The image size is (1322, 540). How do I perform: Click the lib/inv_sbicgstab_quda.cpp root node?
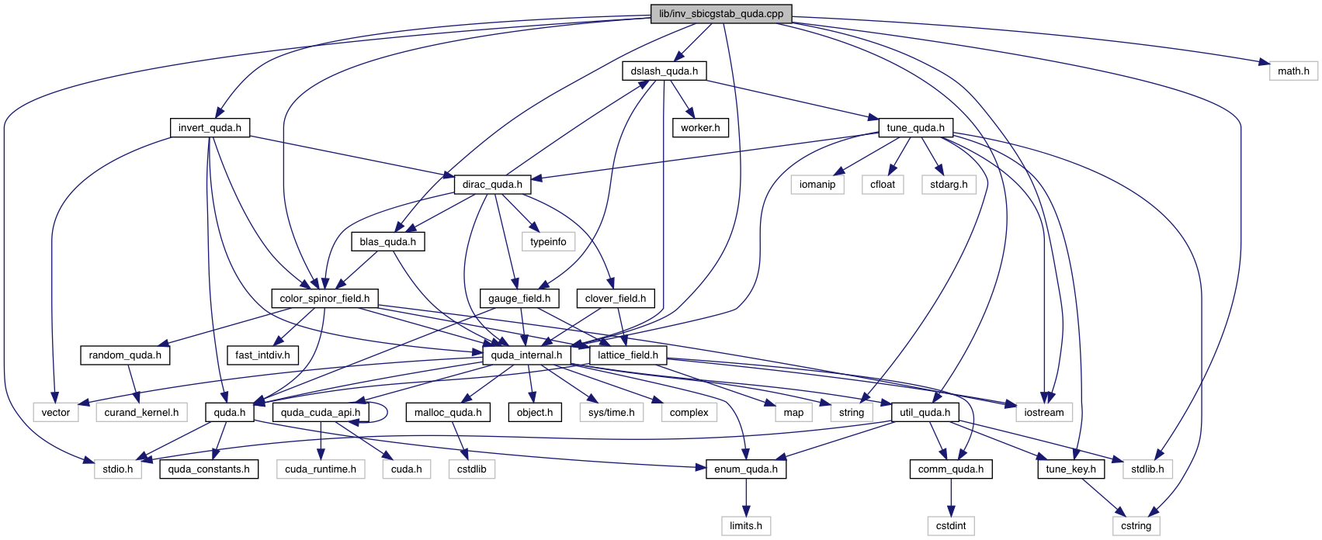[x=721, y=14]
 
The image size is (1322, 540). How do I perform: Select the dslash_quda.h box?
[x=664, y=71]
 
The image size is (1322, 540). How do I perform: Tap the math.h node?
[x=1293, y=71]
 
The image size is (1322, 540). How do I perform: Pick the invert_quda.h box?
[x=210, y=128]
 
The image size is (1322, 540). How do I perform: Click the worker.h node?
[x=700, y=128]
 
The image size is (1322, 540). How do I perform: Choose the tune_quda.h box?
[x=915, y=128]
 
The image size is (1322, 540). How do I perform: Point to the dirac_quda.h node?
[x=492, y=185]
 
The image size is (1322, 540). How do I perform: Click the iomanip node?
[x=817, y=185]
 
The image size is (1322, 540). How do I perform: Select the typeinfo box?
[x=548, y=242]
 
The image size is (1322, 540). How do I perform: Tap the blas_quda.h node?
[x=387, y=242]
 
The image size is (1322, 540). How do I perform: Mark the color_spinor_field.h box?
[x=324, y=299]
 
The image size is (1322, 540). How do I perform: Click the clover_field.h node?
[x=616, y=299]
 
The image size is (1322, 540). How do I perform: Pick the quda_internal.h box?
[x=526, y=355]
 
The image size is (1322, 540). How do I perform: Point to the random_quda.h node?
[x=125, y=355]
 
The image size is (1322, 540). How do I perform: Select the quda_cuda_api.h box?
[x=320, y=413]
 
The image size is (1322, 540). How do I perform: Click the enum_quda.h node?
[x=746, y=469]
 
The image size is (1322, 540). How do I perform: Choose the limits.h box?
[x=746, y=526]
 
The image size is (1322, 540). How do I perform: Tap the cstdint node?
[x=951, y=526]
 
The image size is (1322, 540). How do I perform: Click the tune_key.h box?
[x=1070, y=469]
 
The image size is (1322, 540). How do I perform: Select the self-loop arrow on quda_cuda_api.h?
[x=386, y=412]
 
